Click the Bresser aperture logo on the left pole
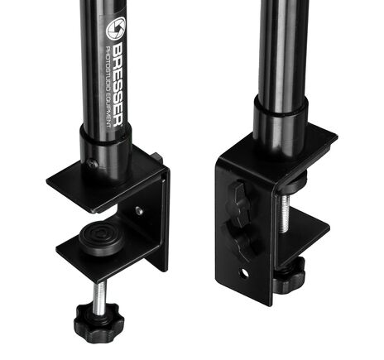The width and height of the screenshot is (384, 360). point(116,28)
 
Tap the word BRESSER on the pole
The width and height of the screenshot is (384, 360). point(118,84)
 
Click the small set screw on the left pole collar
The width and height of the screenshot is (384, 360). point(93,164)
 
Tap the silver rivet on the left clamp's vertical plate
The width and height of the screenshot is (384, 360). point(140,211)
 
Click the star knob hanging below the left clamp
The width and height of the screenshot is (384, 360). point(98,322)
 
